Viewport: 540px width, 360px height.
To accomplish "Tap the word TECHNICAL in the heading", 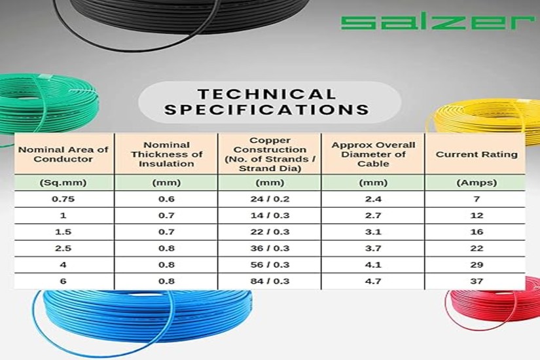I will pyautogui.click(x=266, y=94).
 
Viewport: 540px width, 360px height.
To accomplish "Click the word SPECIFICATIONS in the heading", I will pyautogui.click(x=266, y=109).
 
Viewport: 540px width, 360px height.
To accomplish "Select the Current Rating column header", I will pyautogui.click(x=477, y=154).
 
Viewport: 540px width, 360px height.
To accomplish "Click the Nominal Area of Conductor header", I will pyautogui.click(x=63, y=154).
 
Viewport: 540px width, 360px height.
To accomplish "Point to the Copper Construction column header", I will pyautogui.click(x=270, y=154).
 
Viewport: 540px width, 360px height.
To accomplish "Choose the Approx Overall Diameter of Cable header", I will pyautogui.click(x=373, y=154).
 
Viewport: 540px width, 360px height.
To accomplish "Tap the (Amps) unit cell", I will pyautogui.click(x=477, y=183).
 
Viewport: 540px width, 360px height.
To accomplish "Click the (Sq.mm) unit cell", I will pyautogui.click(x=63, y=183).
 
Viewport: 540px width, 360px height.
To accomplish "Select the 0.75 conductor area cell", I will pyautogui.click(x=63, y=199).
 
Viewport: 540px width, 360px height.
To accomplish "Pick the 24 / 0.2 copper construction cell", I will pyautogui.click(x=270, y=199).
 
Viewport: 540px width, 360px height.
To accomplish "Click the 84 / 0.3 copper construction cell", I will pyautogui.click(x=270, y=281).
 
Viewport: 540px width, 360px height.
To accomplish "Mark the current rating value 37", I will pyautogui.click(x=477, y=281).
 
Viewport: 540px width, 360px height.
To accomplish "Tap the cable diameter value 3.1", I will pyautogui.click(x=373, y=232).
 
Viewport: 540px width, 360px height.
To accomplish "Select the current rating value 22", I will pyautogui.click(x=477, y=248).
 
